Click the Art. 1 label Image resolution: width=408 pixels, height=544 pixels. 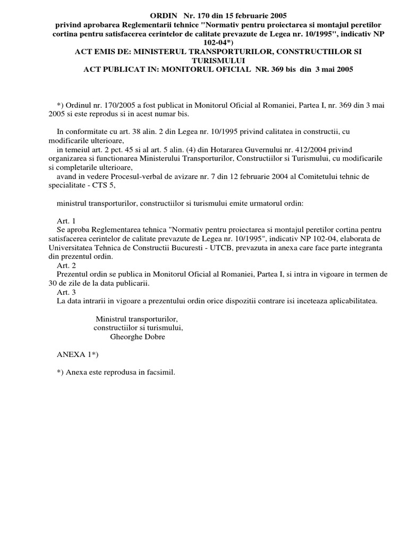click(66, 220)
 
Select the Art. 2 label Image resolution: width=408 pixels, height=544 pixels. click(66, 265)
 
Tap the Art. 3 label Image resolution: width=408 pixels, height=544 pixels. click(66, 292)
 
